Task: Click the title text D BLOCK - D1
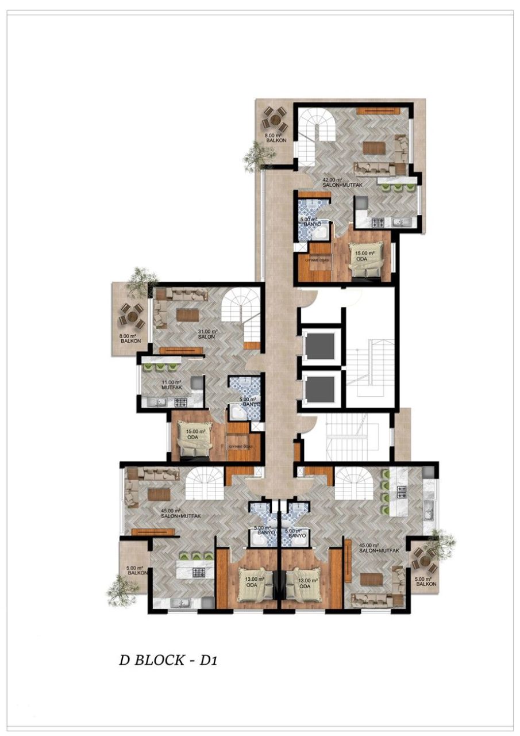tap(167, 660)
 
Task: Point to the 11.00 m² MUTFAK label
tap(171, 385)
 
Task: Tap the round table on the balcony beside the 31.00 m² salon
tap(132, 315)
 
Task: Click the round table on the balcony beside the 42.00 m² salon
tap(275, 119)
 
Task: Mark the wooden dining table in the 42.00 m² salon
tap(374, 147)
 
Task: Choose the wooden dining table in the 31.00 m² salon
tap(187, 315)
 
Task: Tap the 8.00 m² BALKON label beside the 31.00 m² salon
tap(128, 339)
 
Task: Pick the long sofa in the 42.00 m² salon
tap(375, 169)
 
